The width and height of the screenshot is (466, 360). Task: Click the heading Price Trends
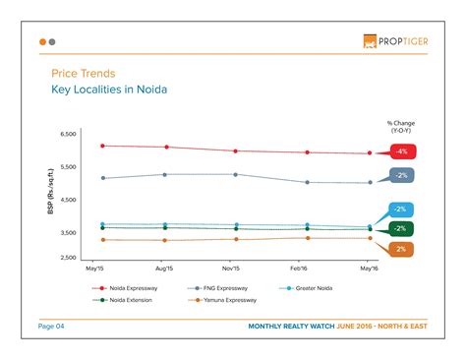pyautogui.click(x=83, y=74)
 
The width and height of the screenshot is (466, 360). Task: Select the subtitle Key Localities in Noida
pyautogui.click(x=108, y=90)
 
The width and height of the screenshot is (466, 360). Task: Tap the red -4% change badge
pyautogui.click(x=401, y=151)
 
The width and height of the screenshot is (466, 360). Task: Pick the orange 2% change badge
pyautogui.click(x=401, y=249)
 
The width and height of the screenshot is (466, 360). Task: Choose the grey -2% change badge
pyautogui.click(x=401, y=175)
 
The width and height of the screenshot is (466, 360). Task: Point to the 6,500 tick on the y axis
pyautogui.click(x=68, y=133)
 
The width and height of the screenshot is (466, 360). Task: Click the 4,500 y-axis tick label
pyautogui.click(x=68, y=200)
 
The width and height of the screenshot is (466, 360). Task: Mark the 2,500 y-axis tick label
pyautogui.click(x=68, y=258)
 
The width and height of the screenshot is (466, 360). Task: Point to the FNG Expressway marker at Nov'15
pyautogui.click(x=232, y=174)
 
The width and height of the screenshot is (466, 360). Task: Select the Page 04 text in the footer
pyautogui.click(x=51, y=326)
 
